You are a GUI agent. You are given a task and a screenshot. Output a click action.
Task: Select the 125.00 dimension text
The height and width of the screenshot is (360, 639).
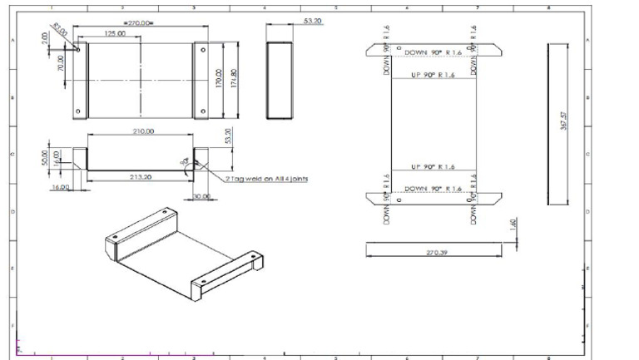(115, 34)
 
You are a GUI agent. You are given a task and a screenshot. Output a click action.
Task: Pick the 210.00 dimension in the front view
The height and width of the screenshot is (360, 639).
(143, 131)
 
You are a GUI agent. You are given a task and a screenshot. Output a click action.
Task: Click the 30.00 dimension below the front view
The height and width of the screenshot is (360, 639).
(201, 196)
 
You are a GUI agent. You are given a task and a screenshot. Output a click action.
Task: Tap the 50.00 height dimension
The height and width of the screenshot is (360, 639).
(45, 158)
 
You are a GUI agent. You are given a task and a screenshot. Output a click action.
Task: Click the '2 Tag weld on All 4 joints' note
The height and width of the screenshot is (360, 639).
(267, 179)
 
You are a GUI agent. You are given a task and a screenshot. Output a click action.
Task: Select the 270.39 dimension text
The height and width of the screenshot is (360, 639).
(436, 252)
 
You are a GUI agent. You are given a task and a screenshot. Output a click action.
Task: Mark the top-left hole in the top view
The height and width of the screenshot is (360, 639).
(78, 48)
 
